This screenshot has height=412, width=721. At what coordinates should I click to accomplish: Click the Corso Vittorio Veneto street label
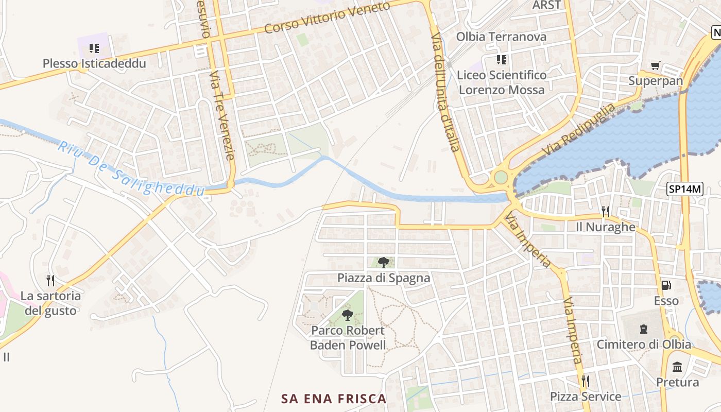(327, 18)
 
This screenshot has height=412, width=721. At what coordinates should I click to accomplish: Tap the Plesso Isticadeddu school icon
(94, 48)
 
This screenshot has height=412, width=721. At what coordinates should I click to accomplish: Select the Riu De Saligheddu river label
(131, 168)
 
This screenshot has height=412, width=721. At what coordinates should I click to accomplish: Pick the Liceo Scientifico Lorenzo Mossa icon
(501, 60)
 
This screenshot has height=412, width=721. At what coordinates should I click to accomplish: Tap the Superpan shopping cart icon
(655, 65)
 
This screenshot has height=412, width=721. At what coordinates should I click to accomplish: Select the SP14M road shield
(685, 189)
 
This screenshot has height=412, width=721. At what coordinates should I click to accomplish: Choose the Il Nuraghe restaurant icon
(606, 211)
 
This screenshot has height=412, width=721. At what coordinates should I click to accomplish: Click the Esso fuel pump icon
(666, 285)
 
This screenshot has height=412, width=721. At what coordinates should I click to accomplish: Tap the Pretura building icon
(677, 367)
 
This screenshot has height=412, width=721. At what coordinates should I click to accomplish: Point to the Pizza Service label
(586, 397)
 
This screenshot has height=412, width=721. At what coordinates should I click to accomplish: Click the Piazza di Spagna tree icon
(383, 263)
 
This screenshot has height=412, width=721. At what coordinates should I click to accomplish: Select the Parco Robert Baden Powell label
(348, 338)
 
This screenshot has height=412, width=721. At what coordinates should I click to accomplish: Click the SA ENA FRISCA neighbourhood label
(334, 399)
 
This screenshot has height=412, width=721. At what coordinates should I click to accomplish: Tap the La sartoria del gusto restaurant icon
(50, 281)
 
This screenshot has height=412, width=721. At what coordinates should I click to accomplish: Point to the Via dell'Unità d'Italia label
(445, 93)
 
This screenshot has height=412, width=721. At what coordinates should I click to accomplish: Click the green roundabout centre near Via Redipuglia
(501, 178)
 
